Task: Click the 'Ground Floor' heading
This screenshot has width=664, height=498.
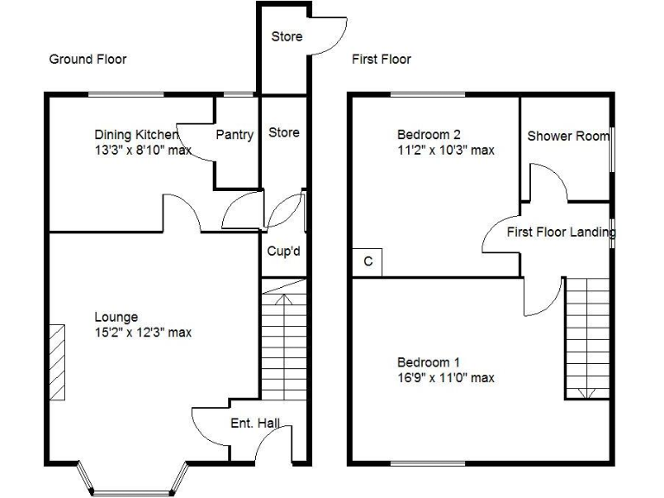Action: click(x=87, y=59)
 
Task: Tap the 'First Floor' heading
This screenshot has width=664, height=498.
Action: click(x=380, y=59)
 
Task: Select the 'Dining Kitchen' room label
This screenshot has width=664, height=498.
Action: click(x=136, y=135)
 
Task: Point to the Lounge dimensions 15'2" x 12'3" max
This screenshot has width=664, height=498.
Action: click(x=143, y=332)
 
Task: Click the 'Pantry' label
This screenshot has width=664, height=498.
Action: click(x=234, y=135)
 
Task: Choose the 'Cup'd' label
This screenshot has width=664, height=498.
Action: click(x=283, y=252)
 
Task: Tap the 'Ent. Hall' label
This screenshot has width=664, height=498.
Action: click(x=255, y=424)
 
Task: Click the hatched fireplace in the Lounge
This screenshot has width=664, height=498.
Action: click(x=56, y=361)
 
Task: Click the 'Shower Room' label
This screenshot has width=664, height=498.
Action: click(x=567, y=136)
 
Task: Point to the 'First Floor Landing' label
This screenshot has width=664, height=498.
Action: click(x=559, y=232)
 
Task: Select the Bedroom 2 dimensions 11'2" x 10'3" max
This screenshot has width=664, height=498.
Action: click(x=445, y=150)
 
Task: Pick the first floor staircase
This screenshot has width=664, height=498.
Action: click(x=587, y=337)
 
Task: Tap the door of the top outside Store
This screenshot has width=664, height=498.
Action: click(x=329, y=35)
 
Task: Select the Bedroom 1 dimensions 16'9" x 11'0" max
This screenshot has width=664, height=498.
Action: click(x=445, y=378)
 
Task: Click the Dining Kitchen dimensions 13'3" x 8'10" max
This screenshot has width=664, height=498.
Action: click(x=143, y=150)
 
